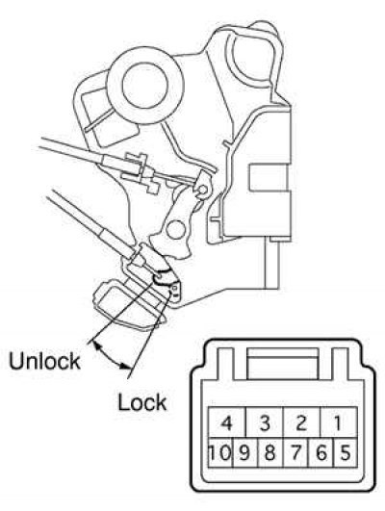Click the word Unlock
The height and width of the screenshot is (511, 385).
point(44,361)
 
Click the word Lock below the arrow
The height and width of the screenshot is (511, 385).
point(142,402)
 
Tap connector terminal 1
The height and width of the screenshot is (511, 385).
point(339,422)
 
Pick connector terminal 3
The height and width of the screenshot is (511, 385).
point(265,422)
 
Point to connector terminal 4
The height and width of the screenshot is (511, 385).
point(227,422)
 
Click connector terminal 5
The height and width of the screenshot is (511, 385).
point(346,452)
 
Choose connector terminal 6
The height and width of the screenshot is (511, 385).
point(321,452)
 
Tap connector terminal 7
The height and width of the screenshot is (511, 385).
point(296,452)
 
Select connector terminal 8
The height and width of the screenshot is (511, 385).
point(270,452)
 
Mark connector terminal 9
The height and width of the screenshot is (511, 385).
point(245,452)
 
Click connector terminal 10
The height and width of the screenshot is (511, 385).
point(220,452)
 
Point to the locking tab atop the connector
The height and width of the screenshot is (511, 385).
point(283,364)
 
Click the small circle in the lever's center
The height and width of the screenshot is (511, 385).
point(176,229)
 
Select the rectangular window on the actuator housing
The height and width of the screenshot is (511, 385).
point(269,177)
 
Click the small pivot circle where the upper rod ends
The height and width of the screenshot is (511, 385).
point(203,190)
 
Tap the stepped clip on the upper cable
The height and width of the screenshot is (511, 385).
point(141,172)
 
